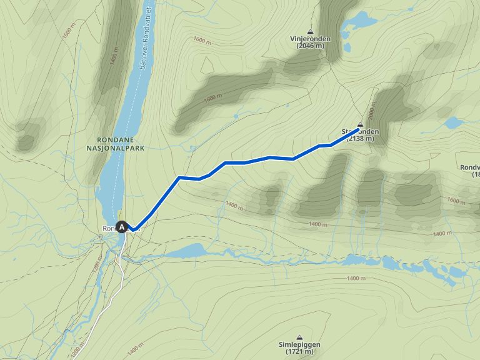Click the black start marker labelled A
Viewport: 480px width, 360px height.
pos(122,227)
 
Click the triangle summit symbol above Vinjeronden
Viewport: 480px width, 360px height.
pos(311,31)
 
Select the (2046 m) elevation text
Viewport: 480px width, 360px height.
pos(311,46)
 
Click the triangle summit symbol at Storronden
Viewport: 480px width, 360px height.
pos(360,124)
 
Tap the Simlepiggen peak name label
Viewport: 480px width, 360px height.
pos(299,344)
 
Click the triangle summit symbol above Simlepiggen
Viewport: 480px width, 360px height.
pos(299,336)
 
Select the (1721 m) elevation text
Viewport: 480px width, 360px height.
pos(299,352)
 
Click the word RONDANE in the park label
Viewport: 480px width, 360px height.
pos(113,139)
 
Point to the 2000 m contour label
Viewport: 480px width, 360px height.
pos(374,113)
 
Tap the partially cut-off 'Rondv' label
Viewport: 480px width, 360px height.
pos(469,167)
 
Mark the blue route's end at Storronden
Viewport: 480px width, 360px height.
pos(359,129)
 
